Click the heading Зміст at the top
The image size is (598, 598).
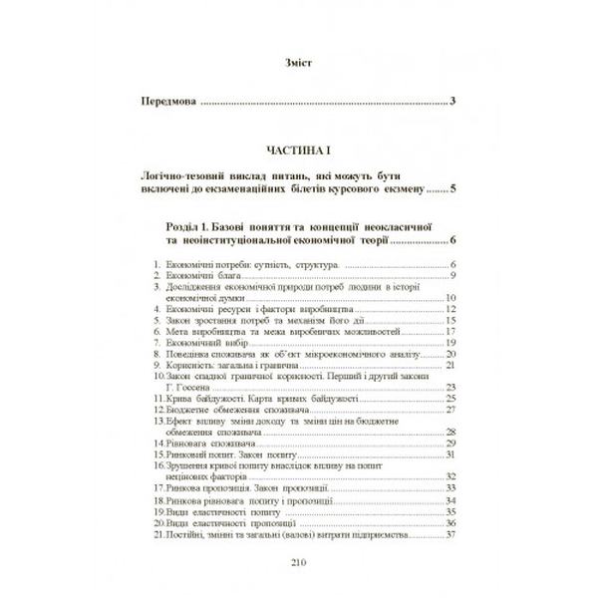click(298, 62)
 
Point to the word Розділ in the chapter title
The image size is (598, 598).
click(179, 227)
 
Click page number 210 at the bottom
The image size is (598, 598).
click(298, 563)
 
